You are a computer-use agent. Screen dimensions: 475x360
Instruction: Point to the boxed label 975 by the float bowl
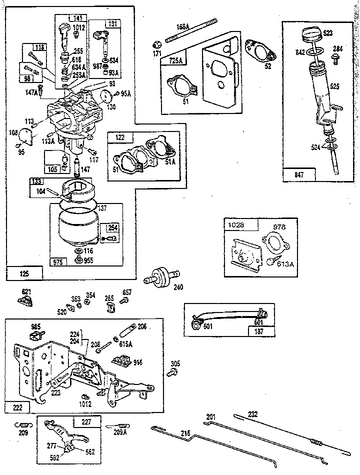click(58, 261)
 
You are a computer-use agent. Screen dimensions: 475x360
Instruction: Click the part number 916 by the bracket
click(137, 362)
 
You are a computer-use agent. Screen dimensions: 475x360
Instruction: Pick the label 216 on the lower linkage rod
click(185, 434)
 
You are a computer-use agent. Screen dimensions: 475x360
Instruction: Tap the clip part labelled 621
click(27, 300)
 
